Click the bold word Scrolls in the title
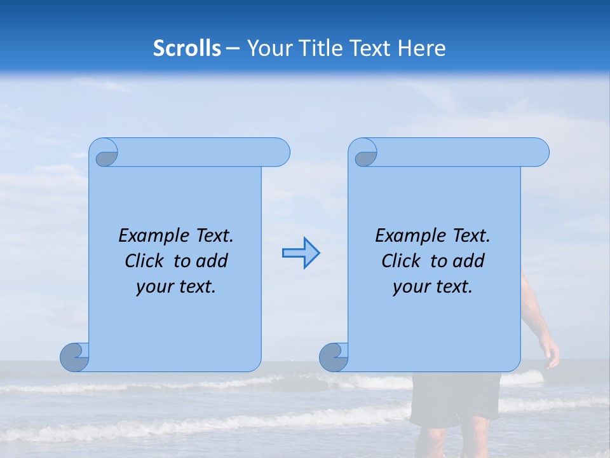tap(187, 48)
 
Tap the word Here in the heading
tap(421, 48)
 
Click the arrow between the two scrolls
tap(301, 253)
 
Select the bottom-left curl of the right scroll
tap(333, 357)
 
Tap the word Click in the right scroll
tap(401, 261)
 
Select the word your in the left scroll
tap(154, 287)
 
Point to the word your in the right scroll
tap(410, 287)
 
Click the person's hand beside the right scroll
tap(550, 353)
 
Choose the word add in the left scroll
tap(212, 261)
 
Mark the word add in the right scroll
tap(468, 261)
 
